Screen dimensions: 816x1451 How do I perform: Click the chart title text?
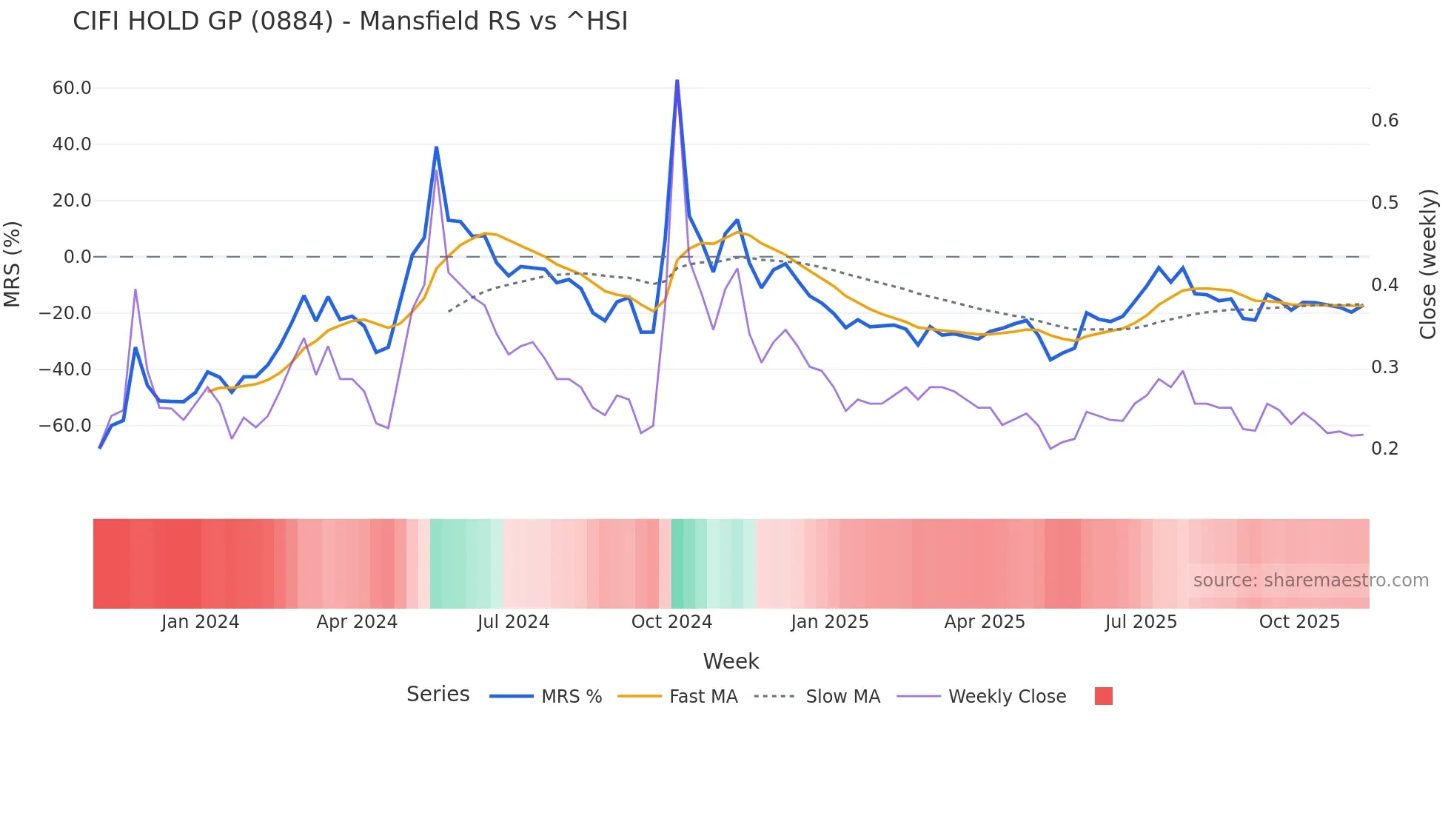(x=350, y=21)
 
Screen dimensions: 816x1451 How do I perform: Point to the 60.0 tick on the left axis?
(x=72, y=88)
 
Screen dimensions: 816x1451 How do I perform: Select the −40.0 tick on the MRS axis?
(x=66, y=369)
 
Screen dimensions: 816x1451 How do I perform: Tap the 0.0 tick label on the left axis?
(x=78, y=257)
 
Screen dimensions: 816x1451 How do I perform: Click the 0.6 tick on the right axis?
(x=1384, y=121)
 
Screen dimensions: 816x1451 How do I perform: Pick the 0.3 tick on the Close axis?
(x=1384, y=367)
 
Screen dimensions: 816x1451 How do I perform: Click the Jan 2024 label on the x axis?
(x=200, y=622)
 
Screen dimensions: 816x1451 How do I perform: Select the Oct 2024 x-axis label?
(x=671, y=622)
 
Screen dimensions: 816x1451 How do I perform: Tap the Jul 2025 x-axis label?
(x=1141, y=622)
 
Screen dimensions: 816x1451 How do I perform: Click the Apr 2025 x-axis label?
(x=985, y=622)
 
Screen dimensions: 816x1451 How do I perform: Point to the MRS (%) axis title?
(x=13, y=264)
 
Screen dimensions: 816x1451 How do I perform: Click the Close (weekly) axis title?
(x=1428, y=264)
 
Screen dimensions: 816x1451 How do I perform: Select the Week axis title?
(x=731, y=661)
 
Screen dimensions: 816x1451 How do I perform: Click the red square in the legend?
(x=1103, y=696)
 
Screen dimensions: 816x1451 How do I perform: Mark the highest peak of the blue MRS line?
(x=677, y=81)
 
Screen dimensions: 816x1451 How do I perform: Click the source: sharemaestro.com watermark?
(x=1310, y=581)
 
